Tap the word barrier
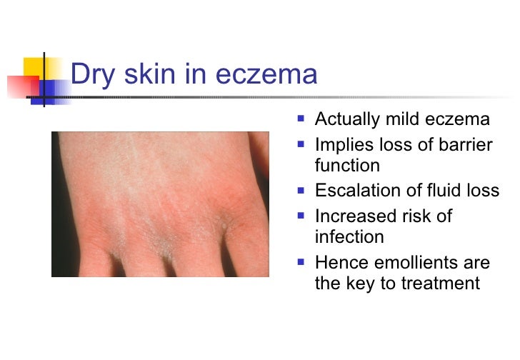pyautogui.click(x=465, y=146)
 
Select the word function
pyautogui.click(x=347, y=166)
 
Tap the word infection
pyautogui.click(x=349, y=236)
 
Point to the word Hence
pyautogui.click(x=339, y=262)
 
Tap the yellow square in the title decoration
pyautogui.click(x=34, y=68)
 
